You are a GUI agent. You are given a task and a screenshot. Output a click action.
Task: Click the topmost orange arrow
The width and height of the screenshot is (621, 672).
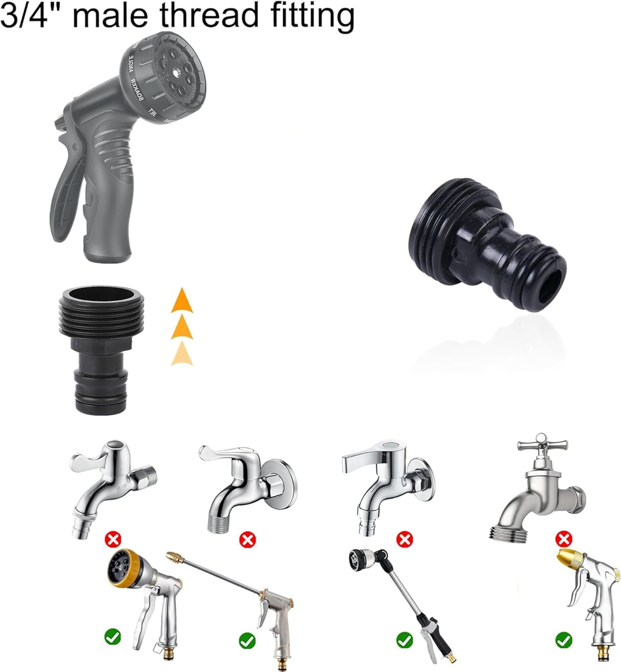pyautogui.click(x=182, y=301)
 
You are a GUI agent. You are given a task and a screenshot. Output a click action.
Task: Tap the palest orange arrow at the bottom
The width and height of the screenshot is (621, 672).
pyautogui.click(x=182, y=353)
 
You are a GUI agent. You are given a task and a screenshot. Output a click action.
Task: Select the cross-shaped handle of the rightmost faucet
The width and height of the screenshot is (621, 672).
pyautogui.click(x=542, y=445)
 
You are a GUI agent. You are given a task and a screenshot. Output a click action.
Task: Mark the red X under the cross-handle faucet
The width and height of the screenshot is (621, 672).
pyautogui.click(x=563, y=538)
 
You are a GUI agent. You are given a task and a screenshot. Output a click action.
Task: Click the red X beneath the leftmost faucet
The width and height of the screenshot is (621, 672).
pyautogui.click(x=112, y=538)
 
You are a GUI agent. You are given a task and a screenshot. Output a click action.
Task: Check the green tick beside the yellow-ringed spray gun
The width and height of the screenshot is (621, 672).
pyautogui.click(x=112, y=636)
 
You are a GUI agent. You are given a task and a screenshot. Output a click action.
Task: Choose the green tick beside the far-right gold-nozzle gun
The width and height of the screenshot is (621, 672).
pyautogui.click(x=563, y=640)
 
